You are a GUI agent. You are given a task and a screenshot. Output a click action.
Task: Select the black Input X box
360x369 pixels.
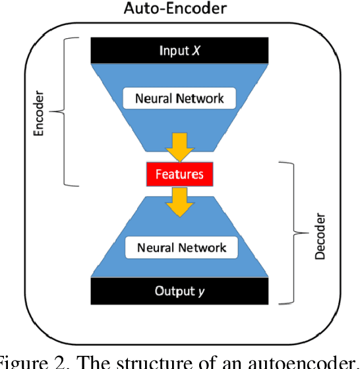180,50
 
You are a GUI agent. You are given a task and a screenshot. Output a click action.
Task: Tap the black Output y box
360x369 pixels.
180,291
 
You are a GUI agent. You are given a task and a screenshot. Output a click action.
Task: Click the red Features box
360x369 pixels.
179,175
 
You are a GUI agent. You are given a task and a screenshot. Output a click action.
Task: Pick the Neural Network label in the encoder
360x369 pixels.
179,99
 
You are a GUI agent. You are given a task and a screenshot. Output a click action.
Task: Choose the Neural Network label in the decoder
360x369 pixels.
181,248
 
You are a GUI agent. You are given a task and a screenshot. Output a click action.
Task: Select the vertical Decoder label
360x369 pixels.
320,235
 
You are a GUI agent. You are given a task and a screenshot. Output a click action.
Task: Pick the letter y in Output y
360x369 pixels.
202,291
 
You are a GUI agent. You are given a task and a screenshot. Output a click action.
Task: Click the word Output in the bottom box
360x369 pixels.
175,291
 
